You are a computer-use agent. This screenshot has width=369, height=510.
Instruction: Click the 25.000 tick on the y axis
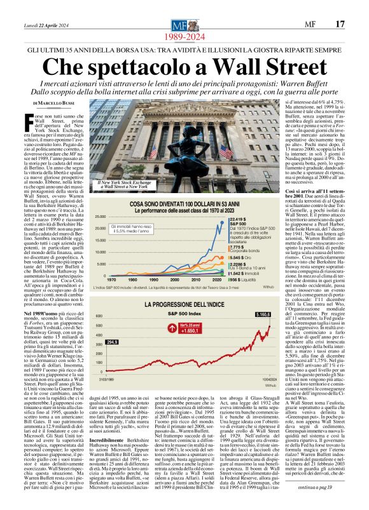tap(99, 217)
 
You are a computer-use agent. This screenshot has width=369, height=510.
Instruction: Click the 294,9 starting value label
tap(112, 342)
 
